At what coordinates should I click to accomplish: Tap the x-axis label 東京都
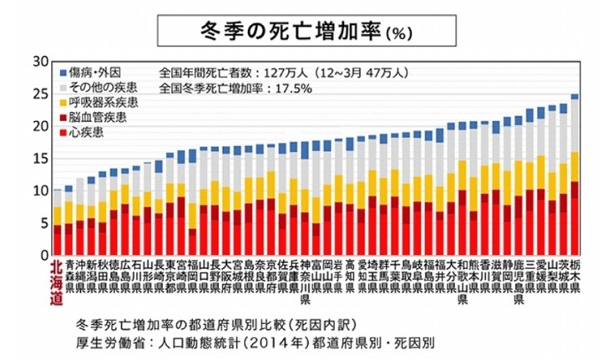point(170,276)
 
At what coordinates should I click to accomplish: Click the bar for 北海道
point(57,226)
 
